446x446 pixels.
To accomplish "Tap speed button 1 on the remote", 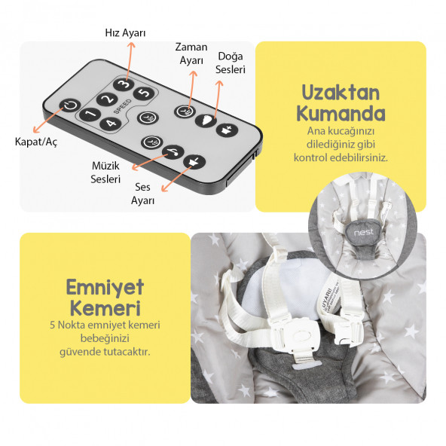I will (x=89, y=115).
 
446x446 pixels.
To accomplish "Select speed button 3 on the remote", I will (x=124, y=84).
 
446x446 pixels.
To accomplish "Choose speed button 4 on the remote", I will (x=111, y=123).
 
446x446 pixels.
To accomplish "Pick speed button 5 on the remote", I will (x=145, y=93).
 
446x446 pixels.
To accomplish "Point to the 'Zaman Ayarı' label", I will (x=191, y=53).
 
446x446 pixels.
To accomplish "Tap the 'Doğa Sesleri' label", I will (x=229, y=63).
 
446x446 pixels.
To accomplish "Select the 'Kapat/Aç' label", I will (x=35, y=140).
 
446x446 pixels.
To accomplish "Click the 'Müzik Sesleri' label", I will (x=105, y=173).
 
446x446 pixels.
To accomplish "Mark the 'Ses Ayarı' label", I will (x=143, y=194).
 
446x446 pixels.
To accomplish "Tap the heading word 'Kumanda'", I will (x=341, y=115).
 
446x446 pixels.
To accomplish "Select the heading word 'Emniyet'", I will (x=105, y=287).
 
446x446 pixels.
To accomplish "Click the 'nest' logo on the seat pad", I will (x=363, y=233).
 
